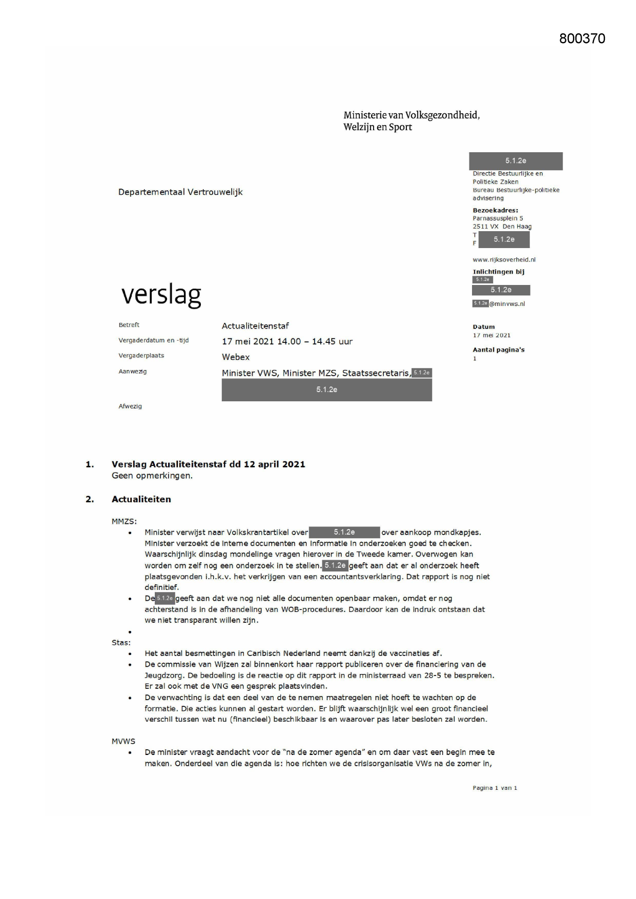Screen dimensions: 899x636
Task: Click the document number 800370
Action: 582,39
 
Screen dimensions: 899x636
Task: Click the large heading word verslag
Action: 161,295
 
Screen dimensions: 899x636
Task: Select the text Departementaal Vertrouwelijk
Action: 180,192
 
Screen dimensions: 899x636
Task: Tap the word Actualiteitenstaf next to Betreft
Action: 255,326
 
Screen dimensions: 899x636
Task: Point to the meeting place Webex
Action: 236,357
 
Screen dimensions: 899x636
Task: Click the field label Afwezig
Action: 130,406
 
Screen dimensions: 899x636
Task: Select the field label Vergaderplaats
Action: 141,356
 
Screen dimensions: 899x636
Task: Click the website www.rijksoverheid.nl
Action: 504,260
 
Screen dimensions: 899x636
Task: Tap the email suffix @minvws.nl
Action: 507,304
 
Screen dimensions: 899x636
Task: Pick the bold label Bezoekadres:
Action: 495,210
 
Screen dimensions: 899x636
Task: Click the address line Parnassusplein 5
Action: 498,218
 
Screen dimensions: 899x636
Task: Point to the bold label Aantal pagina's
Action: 498,350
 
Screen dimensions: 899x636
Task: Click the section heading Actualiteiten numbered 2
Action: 141,499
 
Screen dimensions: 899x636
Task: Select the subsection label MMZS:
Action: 124,521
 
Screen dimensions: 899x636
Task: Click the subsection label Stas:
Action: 121,643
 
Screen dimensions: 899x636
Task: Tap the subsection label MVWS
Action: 124,741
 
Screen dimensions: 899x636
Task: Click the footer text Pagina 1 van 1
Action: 495,788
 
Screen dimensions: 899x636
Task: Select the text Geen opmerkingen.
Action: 152,476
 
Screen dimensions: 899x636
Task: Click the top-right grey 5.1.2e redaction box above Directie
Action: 516,161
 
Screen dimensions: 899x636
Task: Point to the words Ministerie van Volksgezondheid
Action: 412,115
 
